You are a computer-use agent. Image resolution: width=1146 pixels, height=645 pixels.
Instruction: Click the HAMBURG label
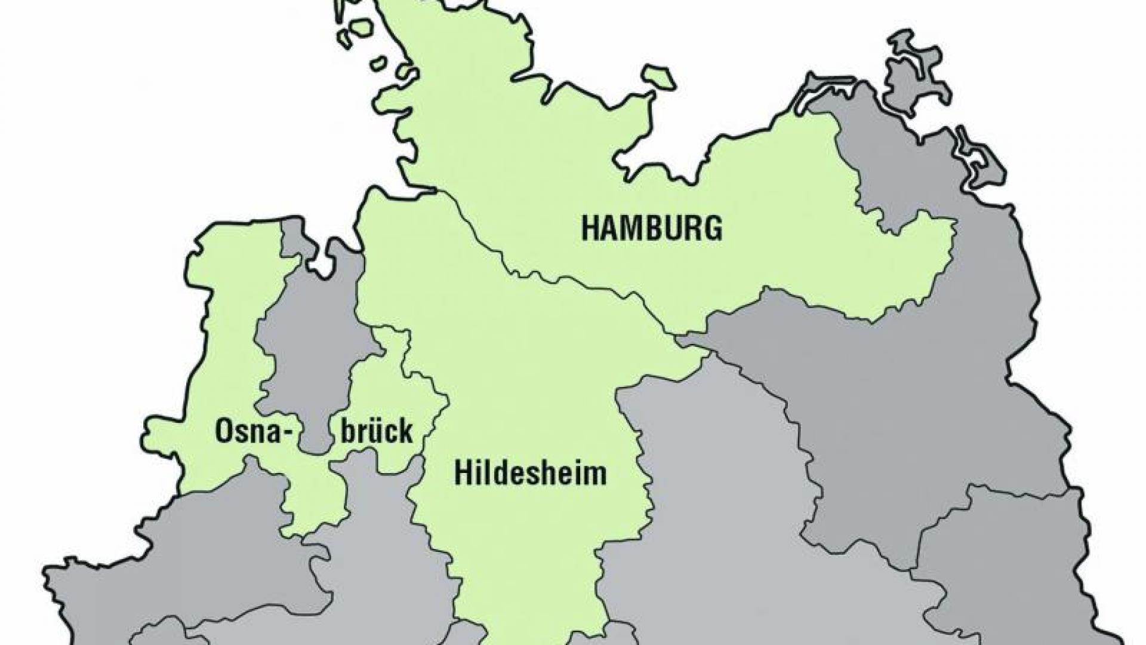click(x=652, y=228)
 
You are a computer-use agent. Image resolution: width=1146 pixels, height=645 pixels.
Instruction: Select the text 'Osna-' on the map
click(x=247, y=432)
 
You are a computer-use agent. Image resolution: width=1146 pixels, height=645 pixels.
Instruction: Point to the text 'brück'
click(x=376, y=432)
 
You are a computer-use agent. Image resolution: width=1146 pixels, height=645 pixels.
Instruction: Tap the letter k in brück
click(x=405, y=432)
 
